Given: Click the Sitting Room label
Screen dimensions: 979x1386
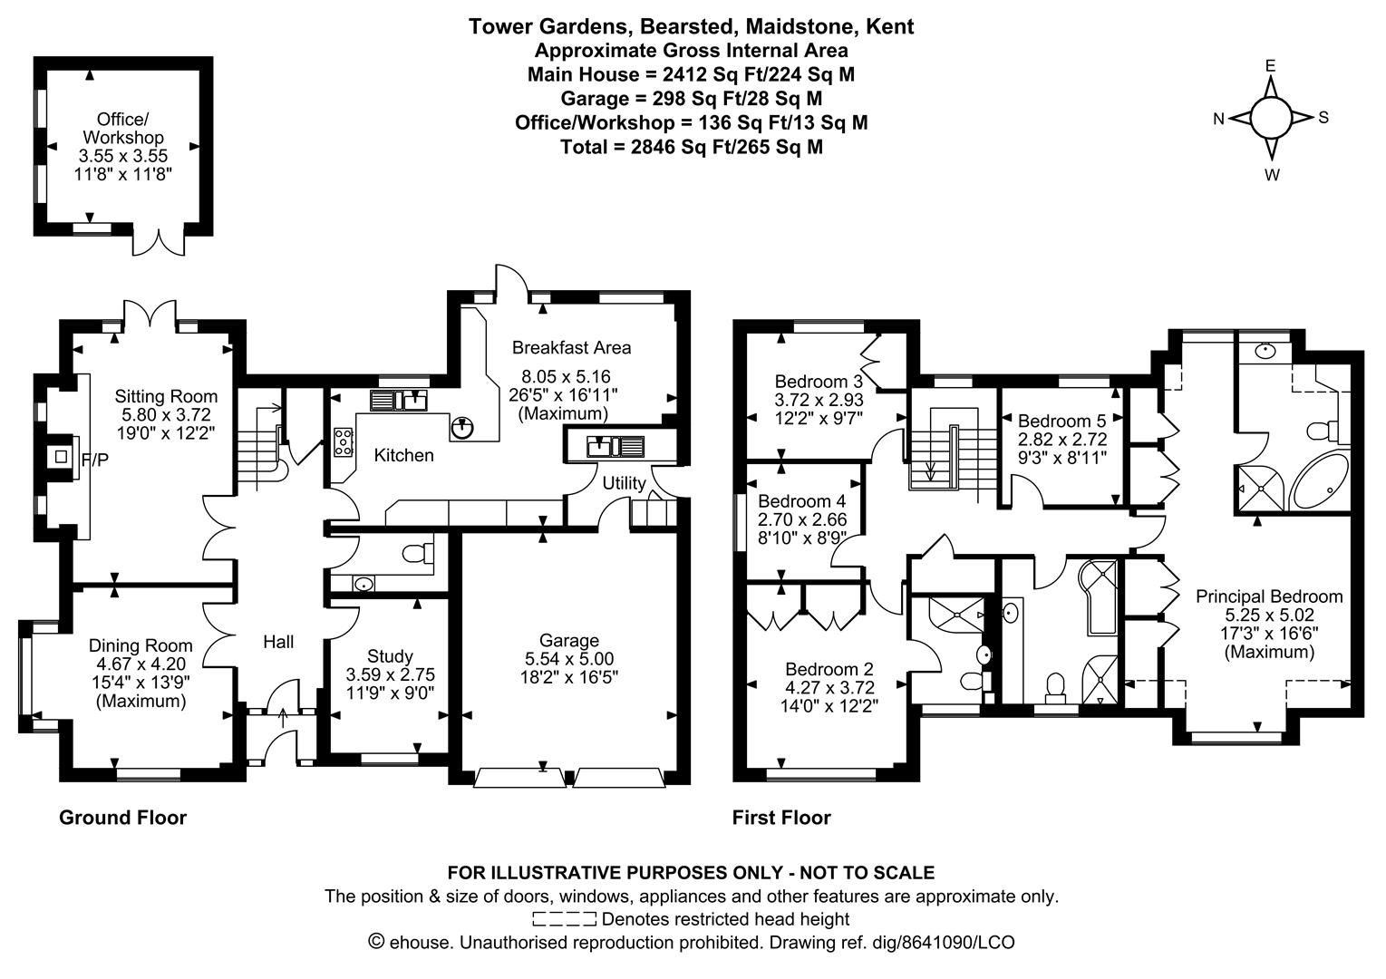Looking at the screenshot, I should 166,396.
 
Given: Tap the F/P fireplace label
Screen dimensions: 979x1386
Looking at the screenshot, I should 94,460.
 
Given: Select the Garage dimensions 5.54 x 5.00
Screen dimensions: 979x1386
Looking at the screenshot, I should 569,658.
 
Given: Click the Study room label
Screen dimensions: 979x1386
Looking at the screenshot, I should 390,655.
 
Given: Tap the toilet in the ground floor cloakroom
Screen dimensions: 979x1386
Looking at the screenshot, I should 415,553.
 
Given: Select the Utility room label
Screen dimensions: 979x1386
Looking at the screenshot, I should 624,483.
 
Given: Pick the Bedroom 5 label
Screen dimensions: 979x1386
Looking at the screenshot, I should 1061,421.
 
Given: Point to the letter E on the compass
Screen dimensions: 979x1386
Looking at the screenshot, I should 1270,65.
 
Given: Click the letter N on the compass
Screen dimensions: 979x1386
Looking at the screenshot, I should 1219,118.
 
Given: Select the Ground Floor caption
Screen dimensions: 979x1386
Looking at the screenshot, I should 122,818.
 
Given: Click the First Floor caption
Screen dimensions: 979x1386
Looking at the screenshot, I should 780,818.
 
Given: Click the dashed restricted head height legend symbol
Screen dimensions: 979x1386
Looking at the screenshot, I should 564,919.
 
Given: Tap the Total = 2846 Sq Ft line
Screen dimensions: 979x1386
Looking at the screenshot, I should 691,146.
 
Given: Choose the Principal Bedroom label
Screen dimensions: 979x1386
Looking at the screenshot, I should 1268,596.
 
